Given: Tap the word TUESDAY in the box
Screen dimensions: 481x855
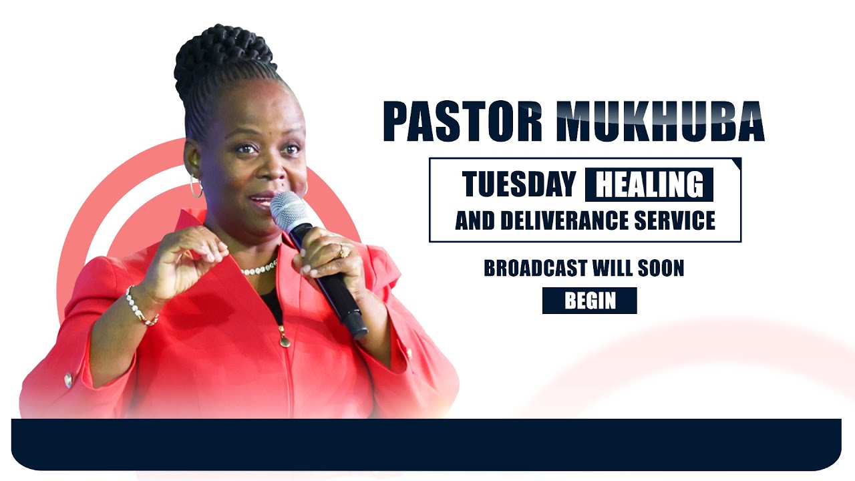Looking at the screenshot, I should point(518,184).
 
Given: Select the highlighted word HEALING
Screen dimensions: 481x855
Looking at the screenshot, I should point(649,185).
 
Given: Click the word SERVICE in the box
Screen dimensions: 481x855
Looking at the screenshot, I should point(676,220).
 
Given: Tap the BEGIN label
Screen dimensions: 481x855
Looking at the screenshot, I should point(590,301).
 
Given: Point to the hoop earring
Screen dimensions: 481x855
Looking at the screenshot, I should point(196,187).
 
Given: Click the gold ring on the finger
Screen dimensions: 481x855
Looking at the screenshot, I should point(343,251).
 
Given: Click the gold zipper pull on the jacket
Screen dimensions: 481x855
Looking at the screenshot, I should point(285,339).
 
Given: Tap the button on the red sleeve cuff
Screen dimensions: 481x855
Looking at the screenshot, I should point(68,380).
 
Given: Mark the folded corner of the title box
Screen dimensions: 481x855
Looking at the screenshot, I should point(736,163).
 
